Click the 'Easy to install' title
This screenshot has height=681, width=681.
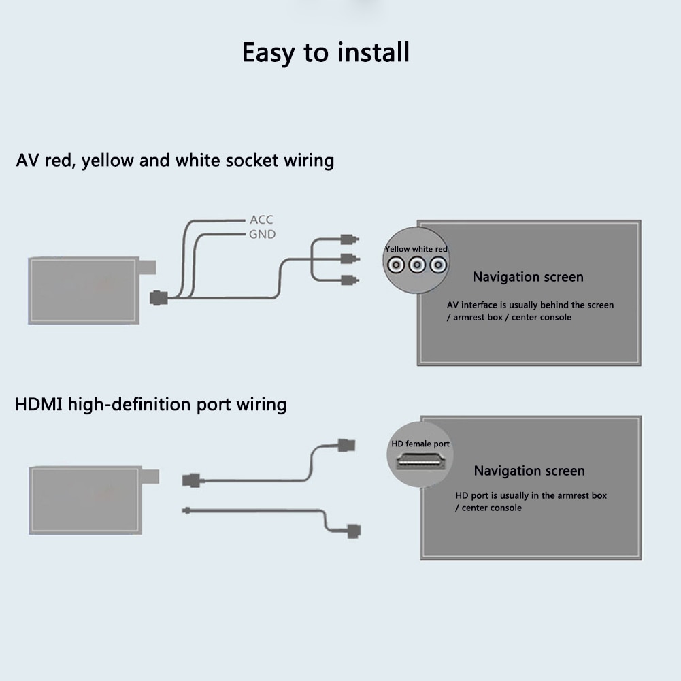(x=326, y=52)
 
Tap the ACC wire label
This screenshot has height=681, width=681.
(x=261, y=220)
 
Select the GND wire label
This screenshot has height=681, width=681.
(x=262, y=234)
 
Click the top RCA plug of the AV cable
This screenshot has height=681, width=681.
(x=349, y=239)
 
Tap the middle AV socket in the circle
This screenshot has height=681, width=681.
(x=416, y=266)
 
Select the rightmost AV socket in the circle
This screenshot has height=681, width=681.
(x=438, y=266)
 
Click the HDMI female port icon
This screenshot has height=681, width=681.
(x=420, y=461)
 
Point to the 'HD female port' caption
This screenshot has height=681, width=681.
(x=420, y=444)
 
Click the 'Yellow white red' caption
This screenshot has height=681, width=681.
(x=416, y=249)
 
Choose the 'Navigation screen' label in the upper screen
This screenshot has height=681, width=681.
(x=528, y=277)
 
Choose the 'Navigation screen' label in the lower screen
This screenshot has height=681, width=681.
(x=529, y=471)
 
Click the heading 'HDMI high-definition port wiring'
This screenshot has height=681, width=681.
(x=151, y=405)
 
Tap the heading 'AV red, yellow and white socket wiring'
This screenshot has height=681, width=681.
(x=175, y=161)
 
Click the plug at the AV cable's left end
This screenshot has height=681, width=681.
(x=159, y=298)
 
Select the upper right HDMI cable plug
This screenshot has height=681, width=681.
(x=346, y=446)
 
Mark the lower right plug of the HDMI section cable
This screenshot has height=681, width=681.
(x=353, y=531)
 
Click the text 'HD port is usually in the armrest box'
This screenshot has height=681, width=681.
(x=531, y=495)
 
